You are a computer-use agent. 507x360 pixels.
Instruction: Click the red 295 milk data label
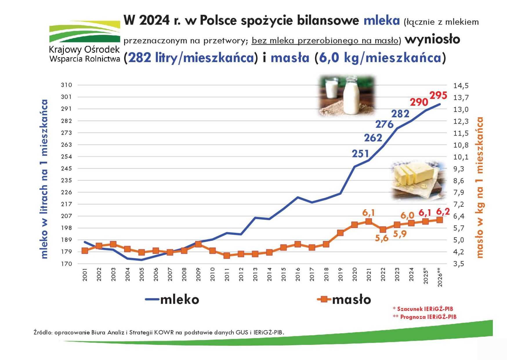[x=438, y=95]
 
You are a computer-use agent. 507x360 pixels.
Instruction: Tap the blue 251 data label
[x=360, y=154]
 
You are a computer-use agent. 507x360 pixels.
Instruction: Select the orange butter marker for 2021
[x=369, y=222]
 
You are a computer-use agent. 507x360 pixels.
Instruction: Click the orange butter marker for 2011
[x=227, y=255]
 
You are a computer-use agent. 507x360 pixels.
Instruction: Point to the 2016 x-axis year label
[x=298, y=274]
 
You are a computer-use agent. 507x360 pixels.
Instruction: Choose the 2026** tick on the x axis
[x=440, y=277]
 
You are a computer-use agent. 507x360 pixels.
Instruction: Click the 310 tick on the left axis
[x=66, y=85]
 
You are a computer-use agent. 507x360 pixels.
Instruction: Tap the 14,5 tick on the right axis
[x=461, y=86]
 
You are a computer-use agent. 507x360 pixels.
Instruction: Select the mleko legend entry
[x=172, y=300]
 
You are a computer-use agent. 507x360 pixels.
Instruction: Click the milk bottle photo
[x=347, y=96]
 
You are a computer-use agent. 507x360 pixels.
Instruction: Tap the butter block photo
[x=417, y=180]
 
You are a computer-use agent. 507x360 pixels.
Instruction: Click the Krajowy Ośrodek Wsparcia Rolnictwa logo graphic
[x=84, y=32]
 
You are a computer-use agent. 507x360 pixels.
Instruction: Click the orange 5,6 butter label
[x=381, y=238]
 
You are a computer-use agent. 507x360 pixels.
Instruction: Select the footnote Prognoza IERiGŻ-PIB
[x=425, y=317]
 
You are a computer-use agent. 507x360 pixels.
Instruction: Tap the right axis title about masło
[x=480, y=187]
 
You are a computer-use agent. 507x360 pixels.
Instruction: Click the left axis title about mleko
[x=44, y=179]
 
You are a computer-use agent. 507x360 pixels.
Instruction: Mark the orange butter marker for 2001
[x=85, y=251]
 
